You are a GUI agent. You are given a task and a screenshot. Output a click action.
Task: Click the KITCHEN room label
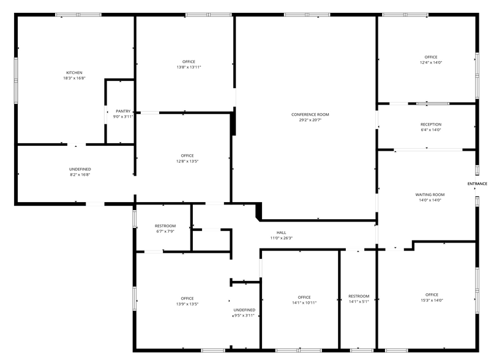pos(74,72)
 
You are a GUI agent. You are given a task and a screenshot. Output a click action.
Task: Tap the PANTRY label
pos(123,111)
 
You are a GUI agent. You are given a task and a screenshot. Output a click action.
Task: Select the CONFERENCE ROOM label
pos(310,114)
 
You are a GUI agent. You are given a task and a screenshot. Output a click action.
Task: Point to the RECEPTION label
pos(430,124)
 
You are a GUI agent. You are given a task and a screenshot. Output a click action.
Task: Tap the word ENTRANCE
pos(477,184)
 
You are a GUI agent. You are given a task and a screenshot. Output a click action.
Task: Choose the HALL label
pos(281,233)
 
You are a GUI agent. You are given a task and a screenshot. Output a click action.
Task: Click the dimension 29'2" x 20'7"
pos(310,120)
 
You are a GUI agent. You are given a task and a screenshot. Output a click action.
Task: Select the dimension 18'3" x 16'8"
pos(74,78)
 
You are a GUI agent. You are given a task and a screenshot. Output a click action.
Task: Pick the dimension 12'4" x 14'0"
pos(430,62)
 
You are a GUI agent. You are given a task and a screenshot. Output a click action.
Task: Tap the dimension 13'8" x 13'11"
pos(189,67)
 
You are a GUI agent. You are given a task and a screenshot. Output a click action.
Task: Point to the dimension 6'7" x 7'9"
pos(165,231)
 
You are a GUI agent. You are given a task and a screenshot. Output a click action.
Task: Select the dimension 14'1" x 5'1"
pos(359,301)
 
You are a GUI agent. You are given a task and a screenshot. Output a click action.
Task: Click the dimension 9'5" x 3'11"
pos(244,315)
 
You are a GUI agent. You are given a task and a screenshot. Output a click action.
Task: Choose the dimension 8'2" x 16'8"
pos(80,174)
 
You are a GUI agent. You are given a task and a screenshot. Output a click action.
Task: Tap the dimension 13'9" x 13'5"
pos(187,304)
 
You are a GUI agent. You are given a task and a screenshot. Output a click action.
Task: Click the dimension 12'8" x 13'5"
pos(187,161)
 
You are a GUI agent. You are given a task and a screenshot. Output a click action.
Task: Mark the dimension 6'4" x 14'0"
pos(430,130)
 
